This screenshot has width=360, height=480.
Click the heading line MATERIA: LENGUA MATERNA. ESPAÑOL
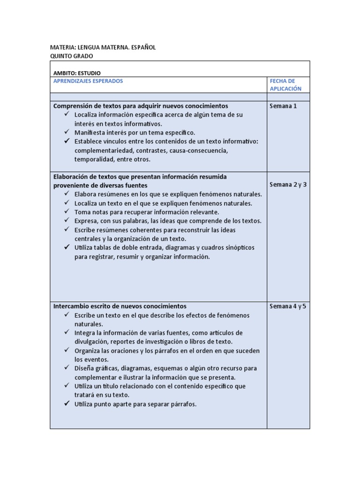click(103, 47)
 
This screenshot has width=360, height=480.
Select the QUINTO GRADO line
click(71, 56)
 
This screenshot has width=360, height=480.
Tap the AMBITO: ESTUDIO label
click(77, 73)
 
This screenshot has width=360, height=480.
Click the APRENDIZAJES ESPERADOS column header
click(88, 81)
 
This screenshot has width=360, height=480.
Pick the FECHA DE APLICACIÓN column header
click(285, 85)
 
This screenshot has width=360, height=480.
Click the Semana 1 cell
click(283, 106)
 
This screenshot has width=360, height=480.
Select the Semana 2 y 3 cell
click(288, 184)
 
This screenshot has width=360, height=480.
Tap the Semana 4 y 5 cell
click(288, 307)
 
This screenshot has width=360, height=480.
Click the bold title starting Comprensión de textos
click(141, 106)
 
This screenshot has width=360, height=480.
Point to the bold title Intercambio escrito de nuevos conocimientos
click(120, 306)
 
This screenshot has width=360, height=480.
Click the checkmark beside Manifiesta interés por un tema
click(67, 132)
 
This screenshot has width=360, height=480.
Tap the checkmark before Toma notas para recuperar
click(67, 212)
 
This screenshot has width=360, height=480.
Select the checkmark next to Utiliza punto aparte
click(67, 404)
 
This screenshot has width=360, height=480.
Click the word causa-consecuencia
click(201, 150)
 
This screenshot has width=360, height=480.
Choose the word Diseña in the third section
click(84, 368)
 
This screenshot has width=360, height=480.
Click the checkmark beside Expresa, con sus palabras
click(67, 221)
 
